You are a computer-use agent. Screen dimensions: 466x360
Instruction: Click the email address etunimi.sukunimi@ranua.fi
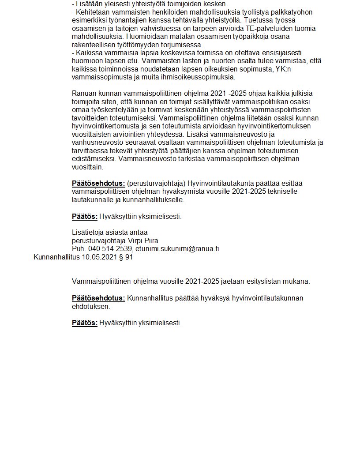pos(177,248)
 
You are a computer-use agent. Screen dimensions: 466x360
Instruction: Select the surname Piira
pos(150,241)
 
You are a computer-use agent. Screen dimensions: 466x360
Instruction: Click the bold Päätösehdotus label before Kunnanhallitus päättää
pos(98,298)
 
